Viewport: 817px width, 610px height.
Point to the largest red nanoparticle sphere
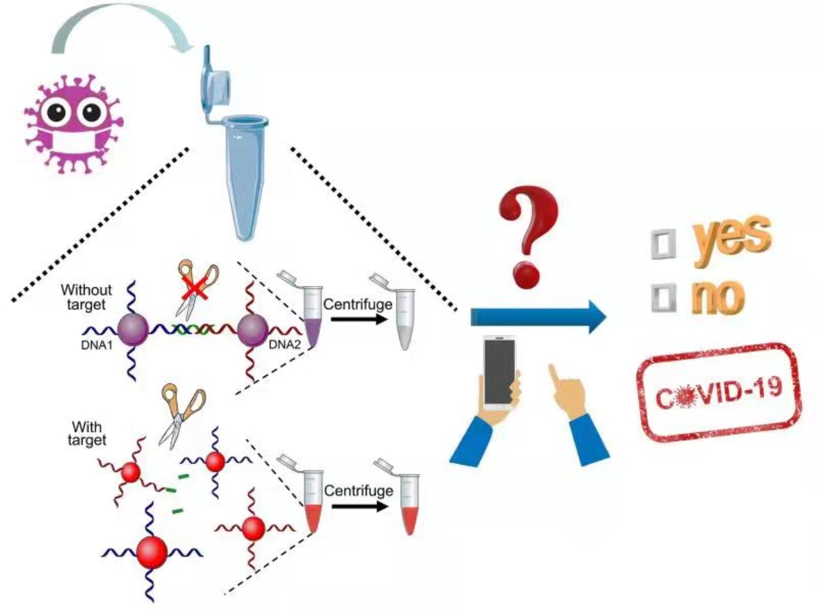[152, 552]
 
